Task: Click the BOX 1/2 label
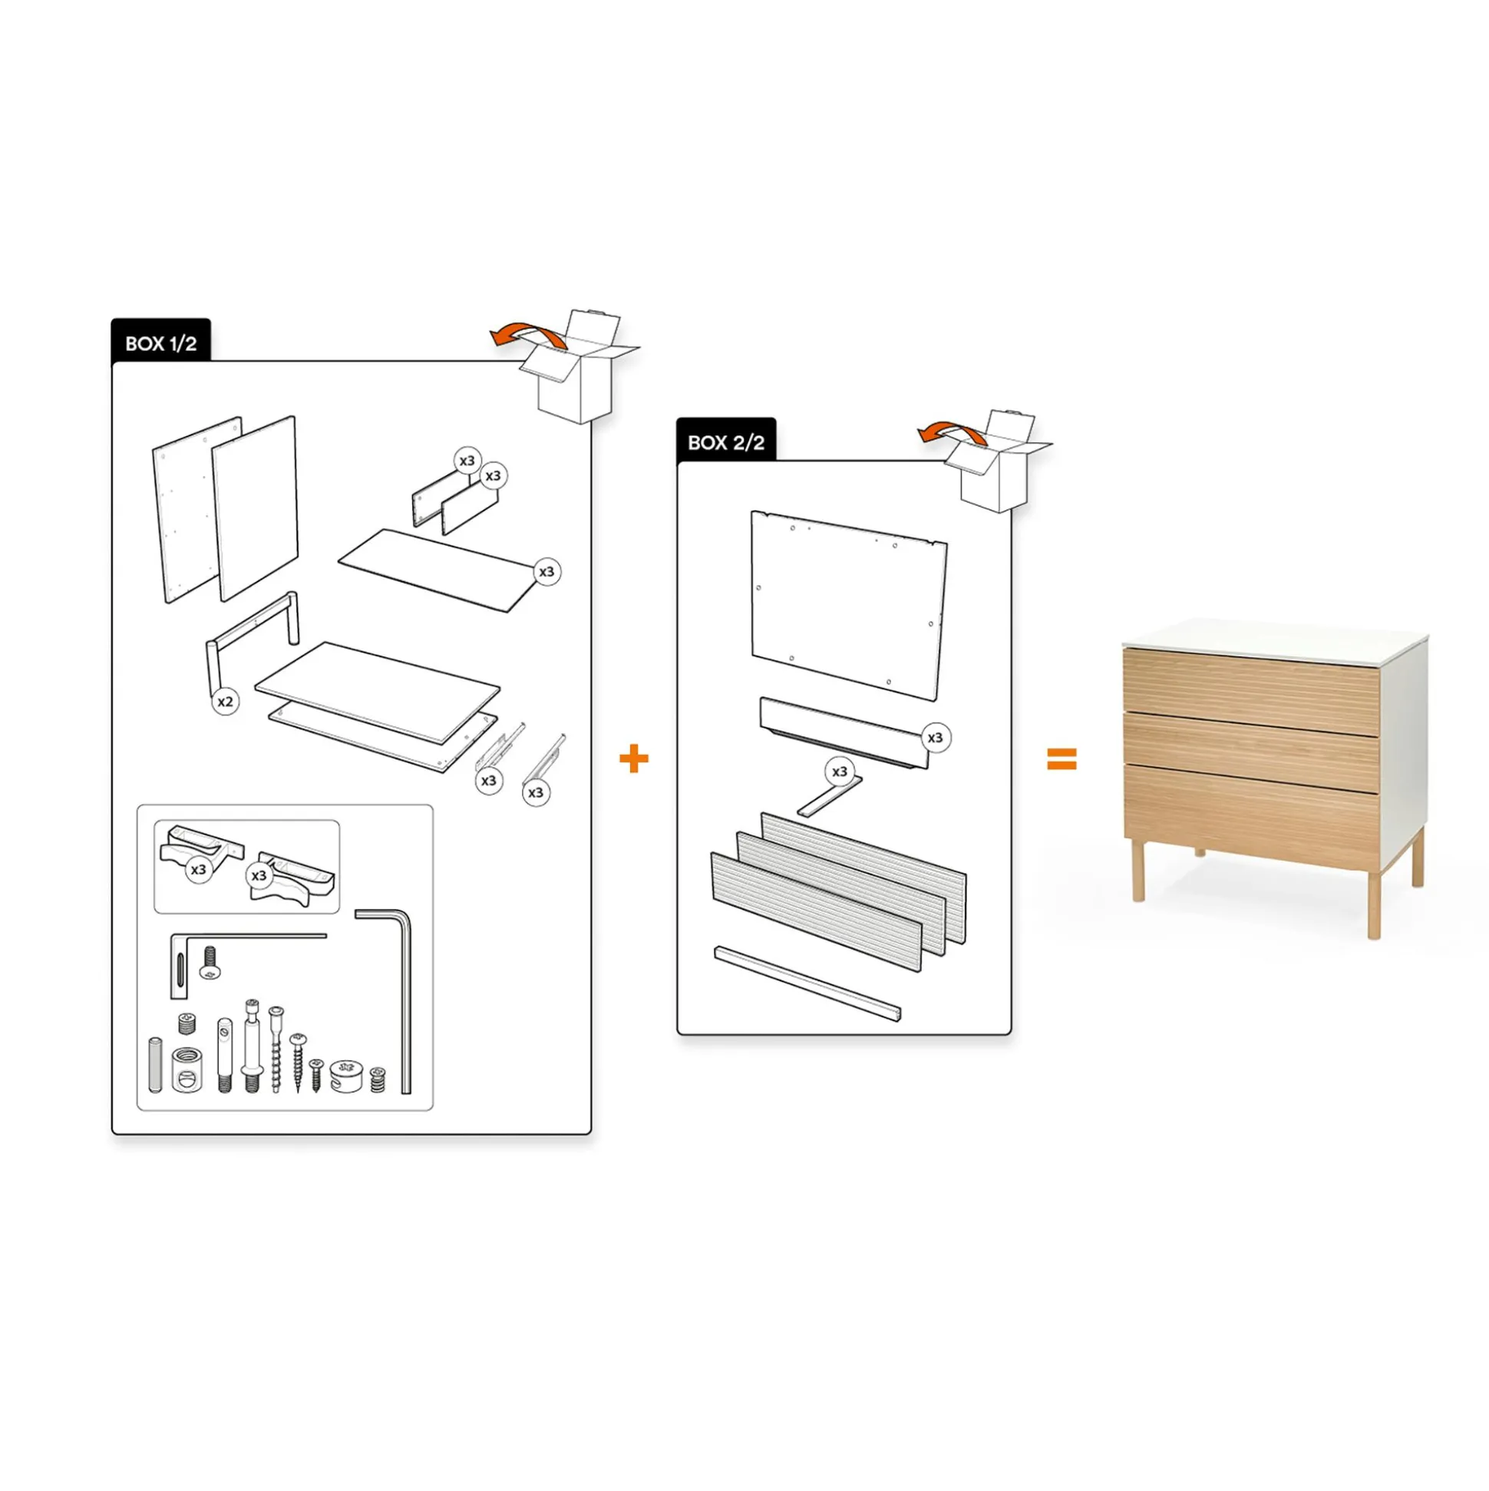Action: pos(160,343)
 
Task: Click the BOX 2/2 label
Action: pos(725,442)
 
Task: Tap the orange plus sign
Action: pos(633,759)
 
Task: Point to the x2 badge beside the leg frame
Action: pos(225,702)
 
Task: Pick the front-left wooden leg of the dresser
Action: pos(1138,871)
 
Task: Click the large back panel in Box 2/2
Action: pos(849,606)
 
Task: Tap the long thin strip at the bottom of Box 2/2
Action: pos(807,982)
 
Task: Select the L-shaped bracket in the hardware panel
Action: pos(180,964)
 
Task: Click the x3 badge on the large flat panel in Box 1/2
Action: pos(546,572)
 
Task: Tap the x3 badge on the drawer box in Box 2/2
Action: pos(935,738)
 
